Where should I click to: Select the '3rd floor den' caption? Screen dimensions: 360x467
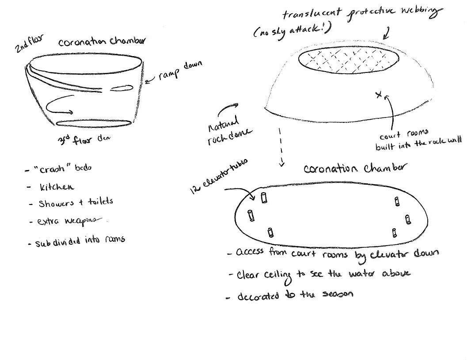click(84, 140)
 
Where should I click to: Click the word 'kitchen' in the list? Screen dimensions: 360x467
click(57, 187)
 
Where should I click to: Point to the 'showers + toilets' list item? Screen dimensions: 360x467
click(76, 203)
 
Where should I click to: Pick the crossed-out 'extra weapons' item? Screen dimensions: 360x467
click(71, 221)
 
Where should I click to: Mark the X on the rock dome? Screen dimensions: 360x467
click(379, 95)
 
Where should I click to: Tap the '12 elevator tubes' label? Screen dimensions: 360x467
click(218, 176)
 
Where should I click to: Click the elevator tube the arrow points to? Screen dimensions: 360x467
click(264, 197)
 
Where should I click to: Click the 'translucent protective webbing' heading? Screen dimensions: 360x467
click(361, 13)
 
